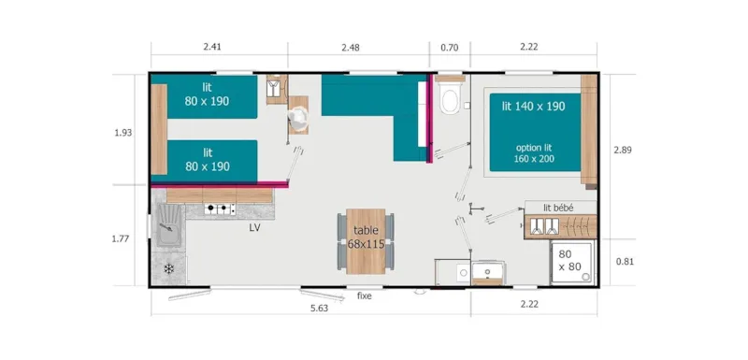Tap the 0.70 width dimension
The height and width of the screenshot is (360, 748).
[450, 47]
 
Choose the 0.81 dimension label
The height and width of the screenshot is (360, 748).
[624, 262]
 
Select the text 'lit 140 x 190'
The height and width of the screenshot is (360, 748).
[532, 107]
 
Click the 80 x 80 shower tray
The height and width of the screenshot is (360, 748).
[570, 261]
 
